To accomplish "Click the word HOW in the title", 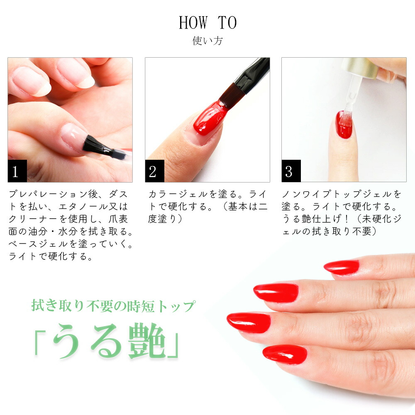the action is click(193, 22).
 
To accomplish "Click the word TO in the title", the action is click(227, 22).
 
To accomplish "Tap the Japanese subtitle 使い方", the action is click(207, 41).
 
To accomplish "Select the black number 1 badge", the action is click(17, 171).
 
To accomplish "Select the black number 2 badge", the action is click(154, 171).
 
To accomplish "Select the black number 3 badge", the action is click(291, 171).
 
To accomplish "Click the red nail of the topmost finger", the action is click(342, 267).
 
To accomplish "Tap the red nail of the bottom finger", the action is click(285, 355).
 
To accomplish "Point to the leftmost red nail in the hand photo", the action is click(249, 322).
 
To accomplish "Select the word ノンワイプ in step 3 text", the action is click(307, 194).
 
